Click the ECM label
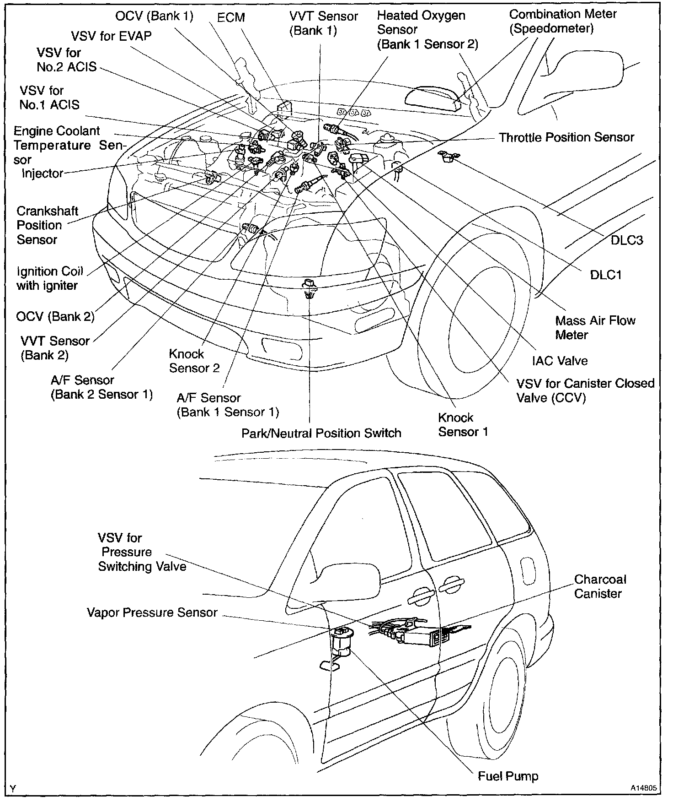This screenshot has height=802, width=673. [231, 18]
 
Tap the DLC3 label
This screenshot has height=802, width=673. [627, 240]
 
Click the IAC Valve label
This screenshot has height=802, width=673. [560, 361]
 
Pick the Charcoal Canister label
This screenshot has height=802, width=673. [600, 586]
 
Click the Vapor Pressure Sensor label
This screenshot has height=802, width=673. [152, 612]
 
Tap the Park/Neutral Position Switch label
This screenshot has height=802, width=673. [321, 433]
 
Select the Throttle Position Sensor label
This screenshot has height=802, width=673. [566, 137]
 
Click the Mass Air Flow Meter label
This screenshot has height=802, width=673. [595, 327]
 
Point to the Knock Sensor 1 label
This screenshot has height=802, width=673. [463, 424]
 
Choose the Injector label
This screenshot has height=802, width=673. [43, 173]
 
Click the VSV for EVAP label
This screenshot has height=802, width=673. [111, 36]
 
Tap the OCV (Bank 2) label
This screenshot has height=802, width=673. [55, 316]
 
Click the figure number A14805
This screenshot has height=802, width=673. [644, 788]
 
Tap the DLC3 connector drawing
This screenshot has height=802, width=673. [447, 156]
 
